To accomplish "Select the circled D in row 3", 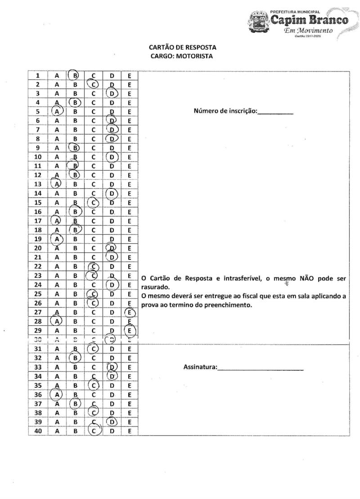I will point(112,94).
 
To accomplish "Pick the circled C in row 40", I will point(94,431).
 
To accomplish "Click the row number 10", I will point(38,157).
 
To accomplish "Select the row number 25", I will point(38,294).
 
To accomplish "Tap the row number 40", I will point(38,431).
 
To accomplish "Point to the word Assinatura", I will point(200,367).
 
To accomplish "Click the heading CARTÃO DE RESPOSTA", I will point(182,47).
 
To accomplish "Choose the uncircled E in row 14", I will point(130,194).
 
